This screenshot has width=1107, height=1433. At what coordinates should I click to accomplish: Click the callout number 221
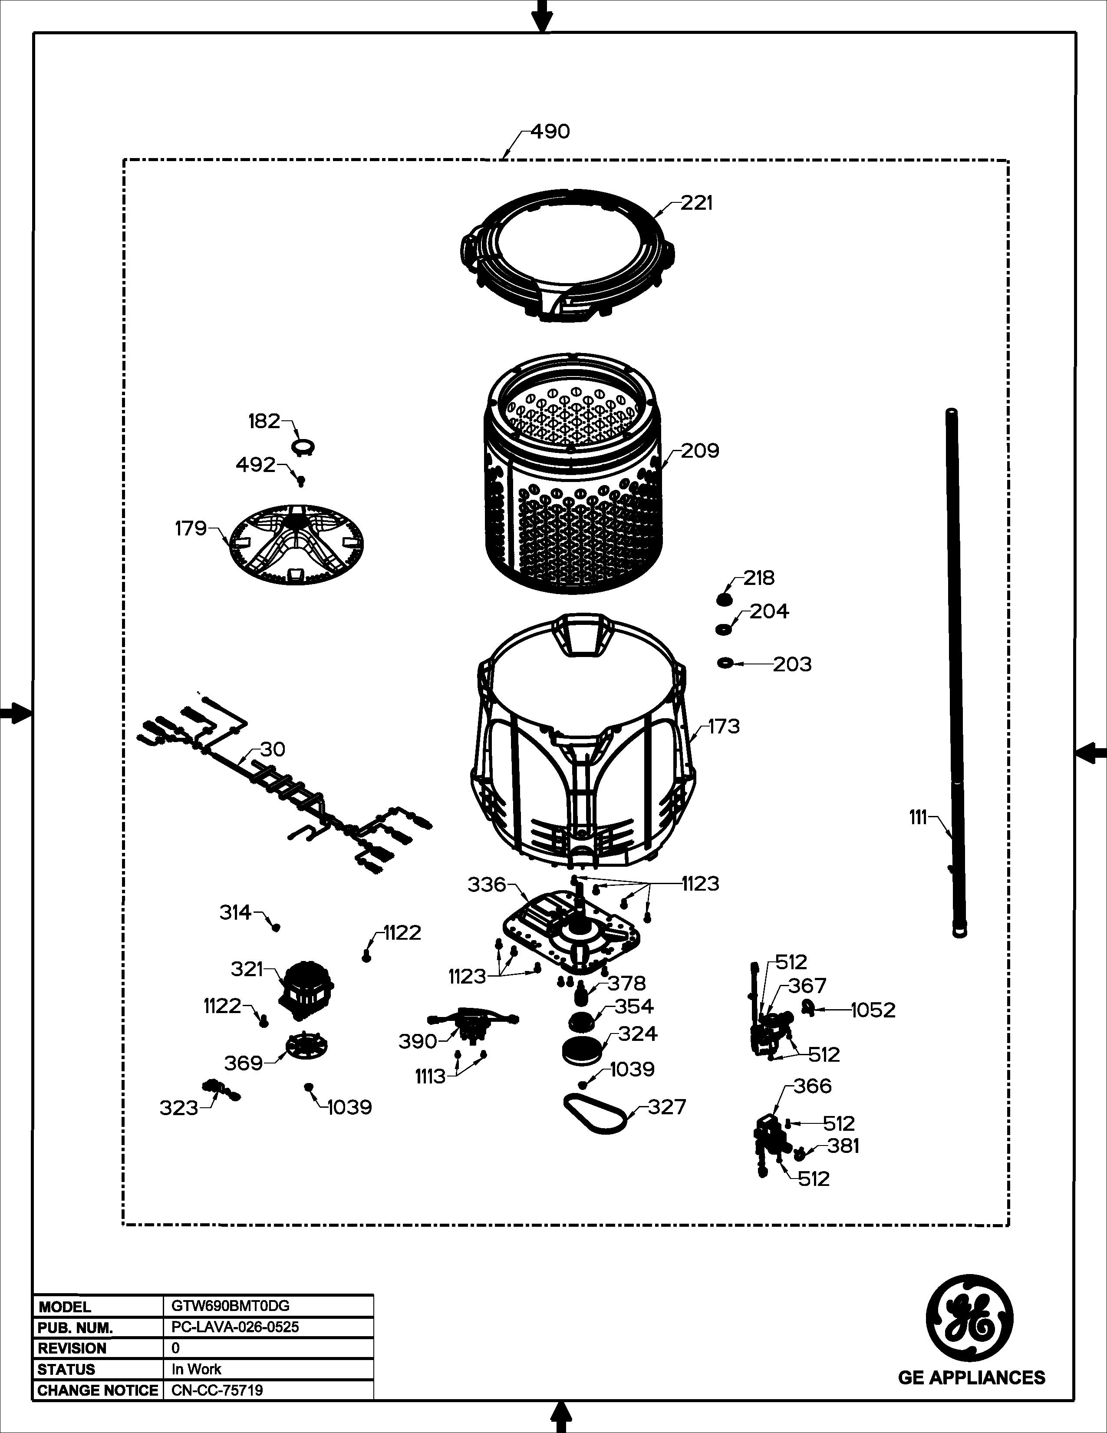(696, 203)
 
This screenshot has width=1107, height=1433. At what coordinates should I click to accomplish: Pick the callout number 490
(550, 132)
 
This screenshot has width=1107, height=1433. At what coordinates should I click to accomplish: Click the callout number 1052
(873, 1010)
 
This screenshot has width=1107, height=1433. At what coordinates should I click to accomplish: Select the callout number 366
(813, 1086)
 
